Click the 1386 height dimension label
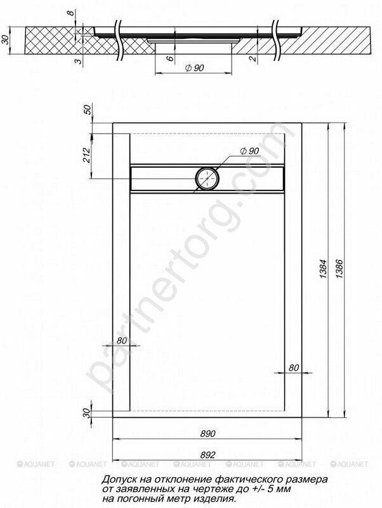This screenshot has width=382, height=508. point(339,269)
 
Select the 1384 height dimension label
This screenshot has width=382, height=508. point(323,269)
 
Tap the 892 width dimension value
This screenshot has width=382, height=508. point(207,455)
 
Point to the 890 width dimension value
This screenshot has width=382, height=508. point(207,434)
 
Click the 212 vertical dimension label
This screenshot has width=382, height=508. point(86,155)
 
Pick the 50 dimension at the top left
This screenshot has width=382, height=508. point(88,109)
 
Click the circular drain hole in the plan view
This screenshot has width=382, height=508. point(207,178)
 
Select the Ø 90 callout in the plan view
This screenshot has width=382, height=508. point(249,150)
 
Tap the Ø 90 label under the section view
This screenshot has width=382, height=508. point(194,68)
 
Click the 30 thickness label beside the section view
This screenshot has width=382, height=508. point(5,39)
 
